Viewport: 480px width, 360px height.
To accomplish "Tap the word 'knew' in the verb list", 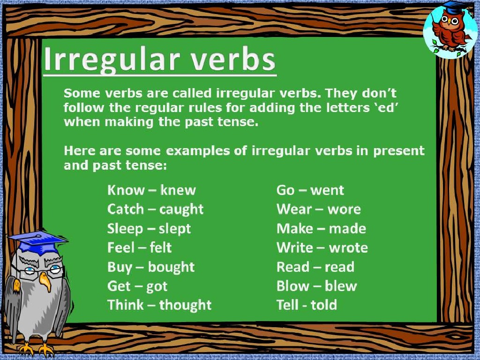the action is (178, 190).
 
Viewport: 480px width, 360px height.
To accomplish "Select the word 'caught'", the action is (181, 210).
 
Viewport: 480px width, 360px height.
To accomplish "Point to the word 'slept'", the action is (175, 229).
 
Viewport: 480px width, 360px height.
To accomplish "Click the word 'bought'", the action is (171, 267).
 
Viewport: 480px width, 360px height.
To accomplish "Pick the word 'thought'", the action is (185, 305).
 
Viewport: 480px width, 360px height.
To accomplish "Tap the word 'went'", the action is (327, 190).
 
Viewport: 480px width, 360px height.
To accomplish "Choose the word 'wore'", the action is (344, 210).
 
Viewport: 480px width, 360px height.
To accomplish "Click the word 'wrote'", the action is (348, 248).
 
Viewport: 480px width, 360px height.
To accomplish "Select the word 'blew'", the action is (341, 286).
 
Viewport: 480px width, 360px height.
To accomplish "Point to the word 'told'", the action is (324, 305).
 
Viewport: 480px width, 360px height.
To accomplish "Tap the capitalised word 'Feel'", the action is (121, 247).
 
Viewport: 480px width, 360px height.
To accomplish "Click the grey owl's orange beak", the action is (45, 281).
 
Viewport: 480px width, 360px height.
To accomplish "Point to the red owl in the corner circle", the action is (450, 30).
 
